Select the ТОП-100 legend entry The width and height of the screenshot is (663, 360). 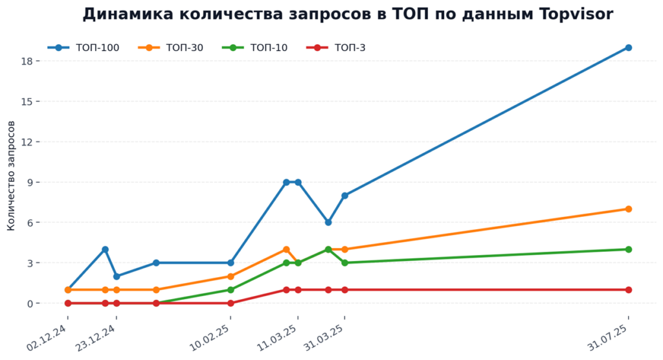point(84,48)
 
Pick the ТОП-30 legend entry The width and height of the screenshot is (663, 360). point(171,48)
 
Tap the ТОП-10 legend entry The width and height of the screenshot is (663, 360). point(255,48)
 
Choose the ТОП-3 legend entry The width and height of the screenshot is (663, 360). point(336,48)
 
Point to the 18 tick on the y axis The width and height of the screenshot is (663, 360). point(27,61)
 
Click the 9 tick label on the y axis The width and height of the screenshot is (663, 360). point(30,183)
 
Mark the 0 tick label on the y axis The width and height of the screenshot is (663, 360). point(30,303)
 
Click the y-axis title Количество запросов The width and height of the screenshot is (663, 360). point(11,175)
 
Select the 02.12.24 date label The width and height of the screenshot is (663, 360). point(47,337)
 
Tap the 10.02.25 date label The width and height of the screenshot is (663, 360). point(209,337)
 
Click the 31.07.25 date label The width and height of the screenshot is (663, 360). point(607,337)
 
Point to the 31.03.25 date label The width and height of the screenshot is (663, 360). point(324,337)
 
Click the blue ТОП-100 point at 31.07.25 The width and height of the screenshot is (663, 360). point(628,48)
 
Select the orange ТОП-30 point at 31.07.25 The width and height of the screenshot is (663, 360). point(628,209)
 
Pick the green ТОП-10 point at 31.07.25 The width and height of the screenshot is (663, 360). point(628,249)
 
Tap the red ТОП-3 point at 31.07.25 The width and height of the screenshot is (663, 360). point(628,290)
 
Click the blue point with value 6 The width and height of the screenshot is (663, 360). point(328,223)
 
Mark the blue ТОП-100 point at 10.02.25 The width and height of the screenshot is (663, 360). point(230,263)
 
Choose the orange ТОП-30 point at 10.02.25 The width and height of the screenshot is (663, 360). point(230,276)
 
